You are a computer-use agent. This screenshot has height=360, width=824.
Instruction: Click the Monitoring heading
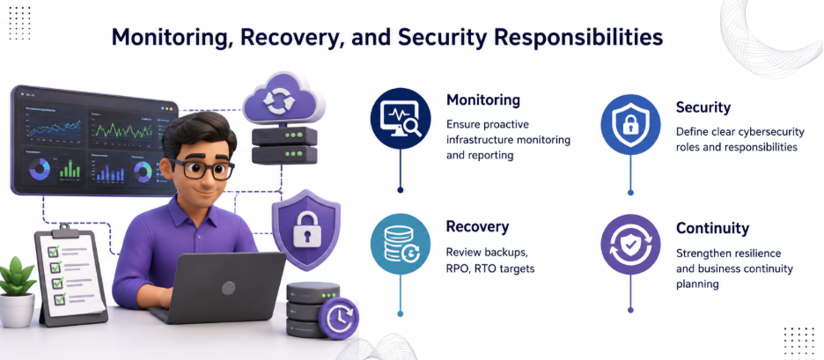(x=483, y=99)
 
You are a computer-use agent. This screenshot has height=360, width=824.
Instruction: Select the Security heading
(x=703, y=107)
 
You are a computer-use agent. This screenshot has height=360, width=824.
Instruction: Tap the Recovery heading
(x=477, y=227)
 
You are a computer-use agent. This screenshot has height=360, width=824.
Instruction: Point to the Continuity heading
(x=712, y=228)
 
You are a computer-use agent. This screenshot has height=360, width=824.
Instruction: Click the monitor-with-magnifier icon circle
(x=401, y=118)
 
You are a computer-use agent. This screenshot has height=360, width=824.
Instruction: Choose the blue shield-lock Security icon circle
(x=630, y=124)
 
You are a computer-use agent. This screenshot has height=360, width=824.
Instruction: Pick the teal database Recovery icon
(x=401, y=244)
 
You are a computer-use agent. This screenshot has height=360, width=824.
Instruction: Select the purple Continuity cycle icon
(x=630, y=245)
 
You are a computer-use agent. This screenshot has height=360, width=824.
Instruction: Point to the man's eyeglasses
(x=202, y=169)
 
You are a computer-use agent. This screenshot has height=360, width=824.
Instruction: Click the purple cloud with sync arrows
(x=283, y=99)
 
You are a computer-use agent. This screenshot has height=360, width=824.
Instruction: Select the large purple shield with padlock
(x=305, y=230)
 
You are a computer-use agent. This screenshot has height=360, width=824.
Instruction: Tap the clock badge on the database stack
(x=339, y=318)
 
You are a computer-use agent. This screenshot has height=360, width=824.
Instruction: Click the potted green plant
(x=18, y=291)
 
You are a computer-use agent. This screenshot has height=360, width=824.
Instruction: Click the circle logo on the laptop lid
(x=228, y=288)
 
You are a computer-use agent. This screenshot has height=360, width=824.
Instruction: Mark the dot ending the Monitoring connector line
(x=401, y=190)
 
